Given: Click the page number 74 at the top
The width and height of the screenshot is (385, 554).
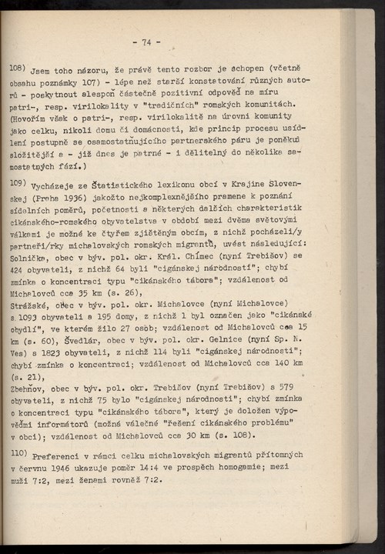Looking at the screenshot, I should point(146,42).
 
